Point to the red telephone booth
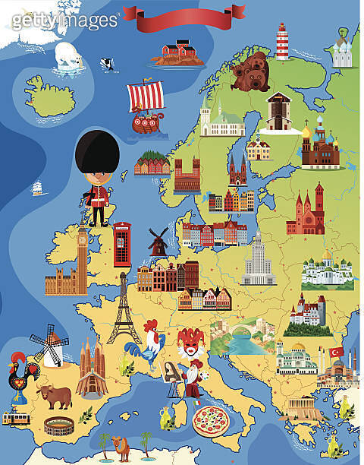click(122, 244)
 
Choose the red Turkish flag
click(336, 353)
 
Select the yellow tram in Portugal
click(16, 418)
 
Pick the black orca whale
click(108, 65)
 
